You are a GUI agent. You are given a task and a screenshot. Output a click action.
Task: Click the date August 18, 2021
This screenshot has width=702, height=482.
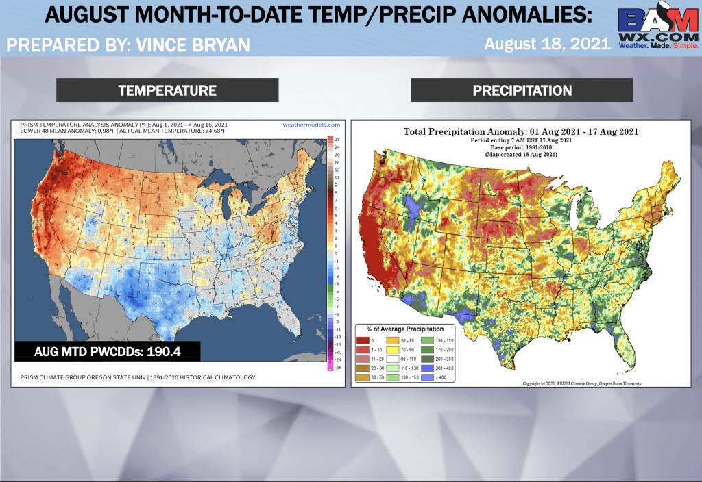(546, 44)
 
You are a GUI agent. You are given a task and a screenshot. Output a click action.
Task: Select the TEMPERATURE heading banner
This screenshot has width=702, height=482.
(167, 90)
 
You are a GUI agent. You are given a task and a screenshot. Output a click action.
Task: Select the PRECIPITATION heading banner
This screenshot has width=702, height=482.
(522, 90)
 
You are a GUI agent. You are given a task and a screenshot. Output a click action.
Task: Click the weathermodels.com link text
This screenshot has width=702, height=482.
(311, 125)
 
